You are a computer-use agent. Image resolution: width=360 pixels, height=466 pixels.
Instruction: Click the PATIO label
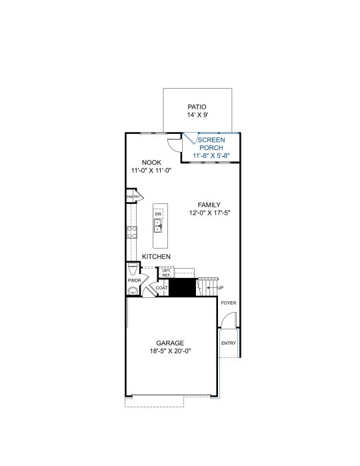197,107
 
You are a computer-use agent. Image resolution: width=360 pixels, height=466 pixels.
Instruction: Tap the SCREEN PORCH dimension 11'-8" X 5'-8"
211,155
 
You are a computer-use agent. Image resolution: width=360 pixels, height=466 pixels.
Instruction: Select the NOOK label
151,163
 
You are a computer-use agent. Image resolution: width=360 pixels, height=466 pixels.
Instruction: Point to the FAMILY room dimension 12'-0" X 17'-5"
210,213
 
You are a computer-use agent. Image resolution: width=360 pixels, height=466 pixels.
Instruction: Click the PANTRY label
133,197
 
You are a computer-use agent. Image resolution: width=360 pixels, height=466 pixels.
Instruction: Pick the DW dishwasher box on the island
158,214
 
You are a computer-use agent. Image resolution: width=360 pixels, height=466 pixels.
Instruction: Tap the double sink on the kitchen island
158,226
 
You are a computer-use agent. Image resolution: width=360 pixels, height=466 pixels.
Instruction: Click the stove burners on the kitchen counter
132,232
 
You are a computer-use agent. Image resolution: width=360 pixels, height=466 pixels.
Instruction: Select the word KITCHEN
156,257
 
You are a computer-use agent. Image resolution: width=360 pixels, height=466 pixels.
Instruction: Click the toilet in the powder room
133,269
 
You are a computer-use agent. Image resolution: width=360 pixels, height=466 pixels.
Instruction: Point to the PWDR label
135,281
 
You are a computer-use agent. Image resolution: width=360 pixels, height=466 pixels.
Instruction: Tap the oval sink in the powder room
133,291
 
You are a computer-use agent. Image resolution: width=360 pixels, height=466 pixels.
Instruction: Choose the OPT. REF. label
166,273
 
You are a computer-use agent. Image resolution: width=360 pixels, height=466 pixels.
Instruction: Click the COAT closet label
162,288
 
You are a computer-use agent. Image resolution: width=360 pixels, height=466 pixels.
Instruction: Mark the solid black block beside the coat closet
182,287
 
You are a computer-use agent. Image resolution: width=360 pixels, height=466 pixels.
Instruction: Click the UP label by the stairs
220,288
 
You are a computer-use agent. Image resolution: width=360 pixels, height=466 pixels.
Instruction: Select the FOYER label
229,303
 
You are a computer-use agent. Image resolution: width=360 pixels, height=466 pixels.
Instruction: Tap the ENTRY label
229,343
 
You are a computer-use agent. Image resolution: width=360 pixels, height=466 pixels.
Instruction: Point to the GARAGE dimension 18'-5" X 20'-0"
170,351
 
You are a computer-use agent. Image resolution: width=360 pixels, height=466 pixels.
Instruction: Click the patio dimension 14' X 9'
197,115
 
